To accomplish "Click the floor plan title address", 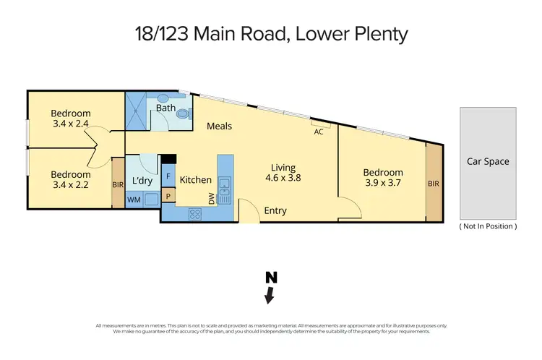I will pos(270,34).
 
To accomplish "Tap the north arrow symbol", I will pos(270,288).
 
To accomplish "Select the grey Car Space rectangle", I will pos(488,163).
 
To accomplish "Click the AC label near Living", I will pos(319,132).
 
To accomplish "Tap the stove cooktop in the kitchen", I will pos(195,213).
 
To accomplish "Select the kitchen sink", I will pos(224,189).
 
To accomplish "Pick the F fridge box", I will pos(168,176).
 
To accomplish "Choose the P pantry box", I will pos(168,195).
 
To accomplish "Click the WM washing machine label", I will pos(134,200).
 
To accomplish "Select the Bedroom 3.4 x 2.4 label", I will pos(70,119).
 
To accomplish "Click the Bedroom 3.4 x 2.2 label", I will pos(70,180).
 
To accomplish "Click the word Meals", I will pos(220,127).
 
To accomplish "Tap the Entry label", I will pos(275,211).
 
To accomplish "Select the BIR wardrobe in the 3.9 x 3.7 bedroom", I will pos(434,184).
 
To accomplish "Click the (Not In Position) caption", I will pos(488,226).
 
